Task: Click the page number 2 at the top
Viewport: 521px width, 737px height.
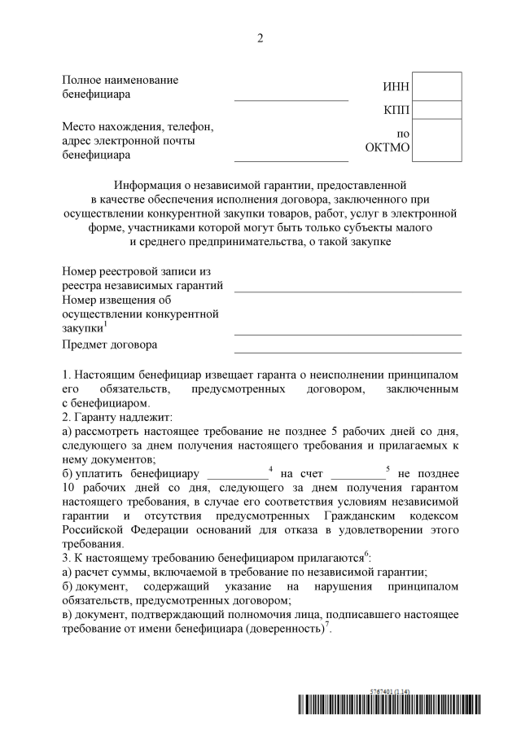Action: (260, 38)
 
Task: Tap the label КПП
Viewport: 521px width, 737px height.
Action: (396, 110)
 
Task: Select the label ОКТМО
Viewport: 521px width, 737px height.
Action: (388, 147)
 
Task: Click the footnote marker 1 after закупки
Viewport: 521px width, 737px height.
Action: (106, 324)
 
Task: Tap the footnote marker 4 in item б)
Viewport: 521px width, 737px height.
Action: (269, 467)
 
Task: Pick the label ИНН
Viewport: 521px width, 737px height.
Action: (396, 87)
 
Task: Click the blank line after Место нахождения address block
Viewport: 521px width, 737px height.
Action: (291, 159)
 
